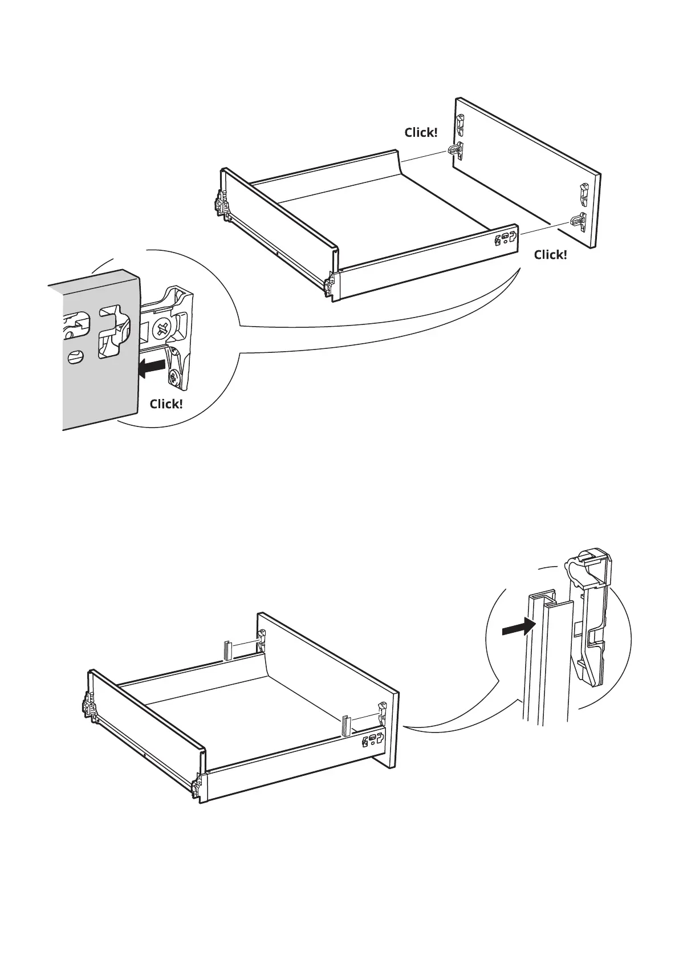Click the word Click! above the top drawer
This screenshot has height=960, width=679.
click(x=421, y=132)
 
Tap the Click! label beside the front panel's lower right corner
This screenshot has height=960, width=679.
click(x=550, y=255)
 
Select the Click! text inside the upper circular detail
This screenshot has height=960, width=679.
click(x=166, y=404)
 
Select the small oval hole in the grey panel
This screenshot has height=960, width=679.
click(x=74, y=358)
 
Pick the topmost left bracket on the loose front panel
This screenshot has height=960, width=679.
click(x=460, y=122)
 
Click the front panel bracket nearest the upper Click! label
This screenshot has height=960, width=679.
click(x=455, y=149)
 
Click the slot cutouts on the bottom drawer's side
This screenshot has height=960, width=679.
click(x=372, y=742)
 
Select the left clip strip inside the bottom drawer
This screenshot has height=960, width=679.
click(x=228, y=650)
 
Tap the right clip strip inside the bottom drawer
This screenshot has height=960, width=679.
click(x=346, y=725)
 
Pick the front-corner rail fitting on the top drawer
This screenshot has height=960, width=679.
click(x=330, y=285)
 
